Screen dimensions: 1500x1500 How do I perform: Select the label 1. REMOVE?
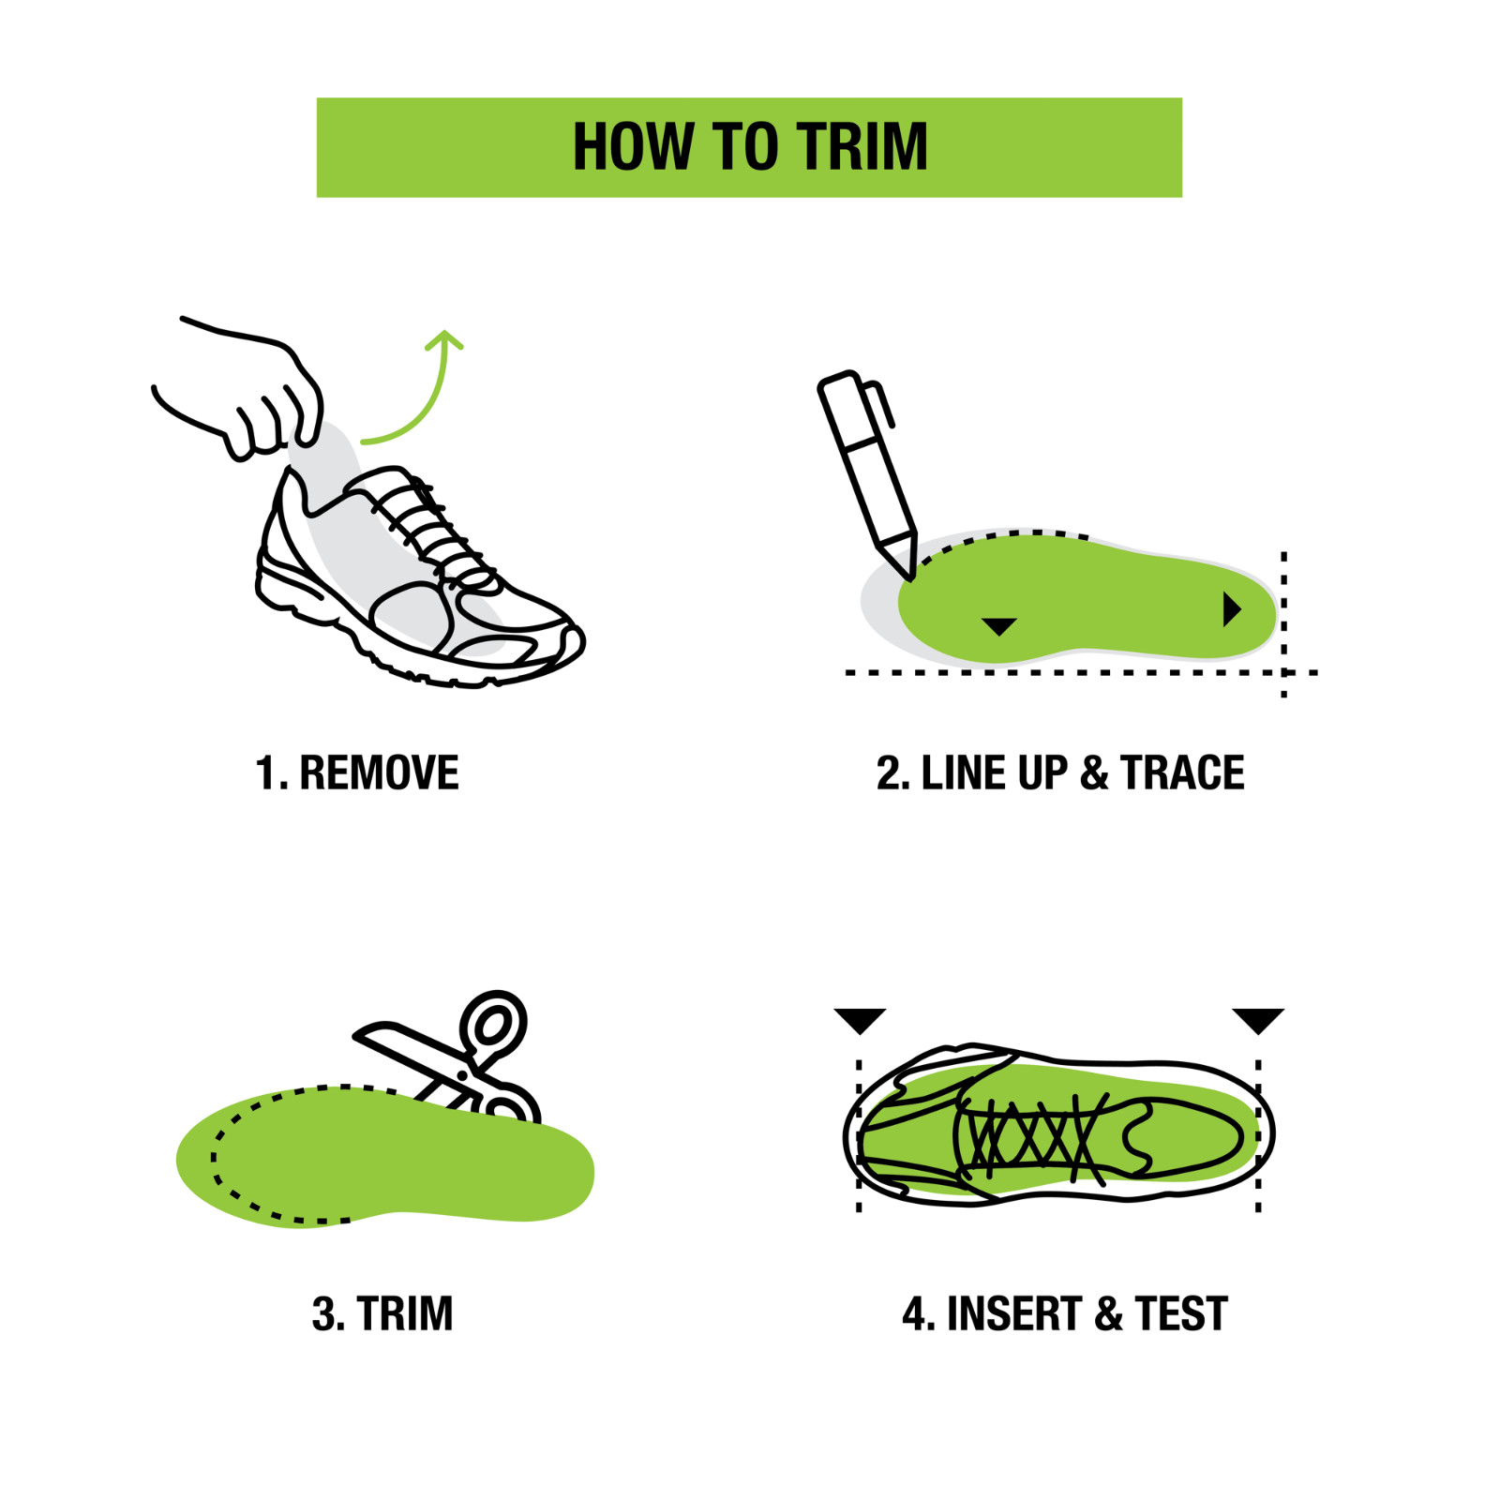click(356, 773)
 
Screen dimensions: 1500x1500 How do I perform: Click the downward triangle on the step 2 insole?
click(998, 625)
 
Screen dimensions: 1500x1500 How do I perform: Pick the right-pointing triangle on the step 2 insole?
click(1231, 609)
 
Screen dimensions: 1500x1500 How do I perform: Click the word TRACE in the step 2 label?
click(1182, 773)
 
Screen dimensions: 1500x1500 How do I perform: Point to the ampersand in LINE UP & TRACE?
click(1093, 773)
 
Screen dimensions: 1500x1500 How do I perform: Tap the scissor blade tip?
click(361, 1034)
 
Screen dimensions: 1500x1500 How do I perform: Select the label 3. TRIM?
click(382, 1313)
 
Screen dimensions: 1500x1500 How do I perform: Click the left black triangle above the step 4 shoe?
click(860, 1019)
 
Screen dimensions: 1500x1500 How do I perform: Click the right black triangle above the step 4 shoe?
click(1257, 1019)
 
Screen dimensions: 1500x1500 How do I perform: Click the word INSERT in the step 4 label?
click(1013, 1313)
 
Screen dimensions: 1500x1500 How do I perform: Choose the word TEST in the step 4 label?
click(1180, 1313)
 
